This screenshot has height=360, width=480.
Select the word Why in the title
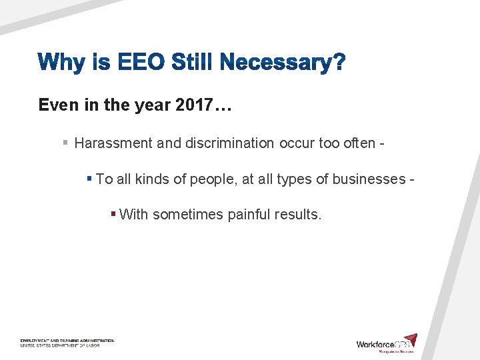coord(61,64)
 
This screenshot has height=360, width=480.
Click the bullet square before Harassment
coord(65,143)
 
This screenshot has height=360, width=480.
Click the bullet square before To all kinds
coord(89,179)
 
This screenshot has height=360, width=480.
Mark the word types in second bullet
coord(290,179)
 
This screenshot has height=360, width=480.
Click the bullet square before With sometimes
coord(113,214)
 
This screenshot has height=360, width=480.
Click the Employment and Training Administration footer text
coord(67,341)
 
